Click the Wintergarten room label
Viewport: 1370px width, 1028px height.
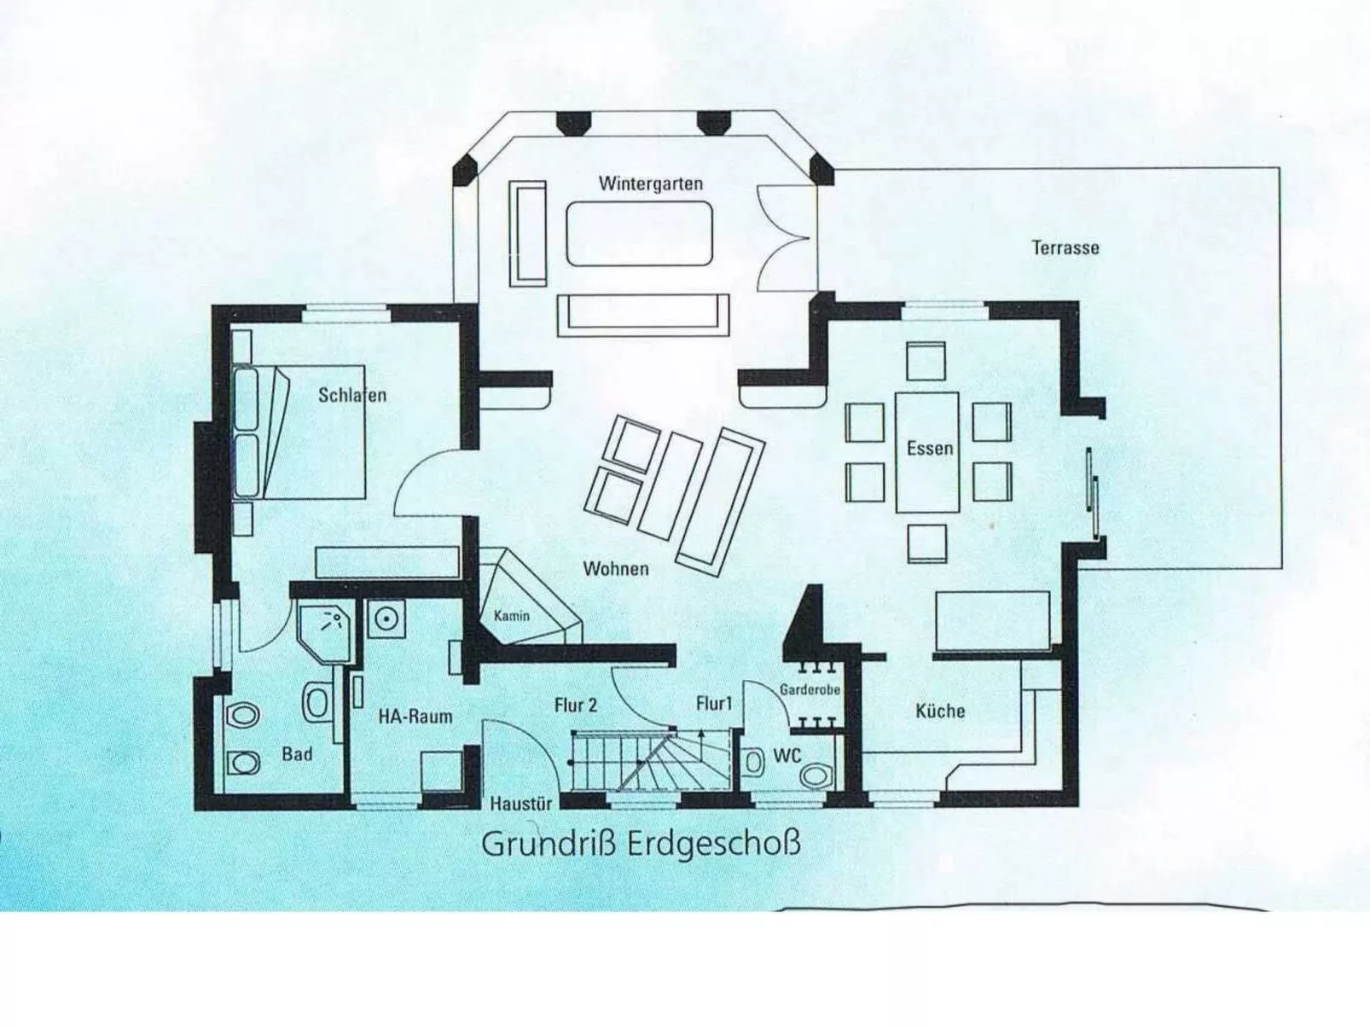pos(650,183)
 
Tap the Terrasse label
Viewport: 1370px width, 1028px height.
pos(1065,247)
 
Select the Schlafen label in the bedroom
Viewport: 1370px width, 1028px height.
pos(351,395)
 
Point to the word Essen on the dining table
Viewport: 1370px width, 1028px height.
pos(929,449)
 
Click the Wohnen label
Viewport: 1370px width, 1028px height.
pos(615,568)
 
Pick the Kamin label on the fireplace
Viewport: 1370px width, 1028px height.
pos(511,615)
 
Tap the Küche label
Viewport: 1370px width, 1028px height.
pos(940,711)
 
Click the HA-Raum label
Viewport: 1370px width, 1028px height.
pos(415,716)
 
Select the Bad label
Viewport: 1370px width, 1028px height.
pos(297,754)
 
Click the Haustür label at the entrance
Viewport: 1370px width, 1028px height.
pos(520,803)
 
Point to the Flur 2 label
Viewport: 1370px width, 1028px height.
pos(575,705)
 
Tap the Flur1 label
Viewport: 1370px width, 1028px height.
pos(714,703)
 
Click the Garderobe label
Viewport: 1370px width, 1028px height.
pos(810,689)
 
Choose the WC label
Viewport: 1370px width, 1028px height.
pos(787,756)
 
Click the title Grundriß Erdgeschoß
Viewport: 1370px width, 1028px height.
pos(641,844)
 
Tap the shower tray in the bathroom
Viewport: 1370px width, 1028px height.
pos(326,629)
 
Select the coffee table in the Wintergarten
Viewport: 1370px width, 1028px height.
pos(639,233)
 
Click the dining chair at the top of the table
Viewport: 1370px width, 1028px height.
pos(926,360)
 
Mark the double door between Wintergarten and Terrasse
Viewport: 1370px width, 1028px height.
pos(784,240)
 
